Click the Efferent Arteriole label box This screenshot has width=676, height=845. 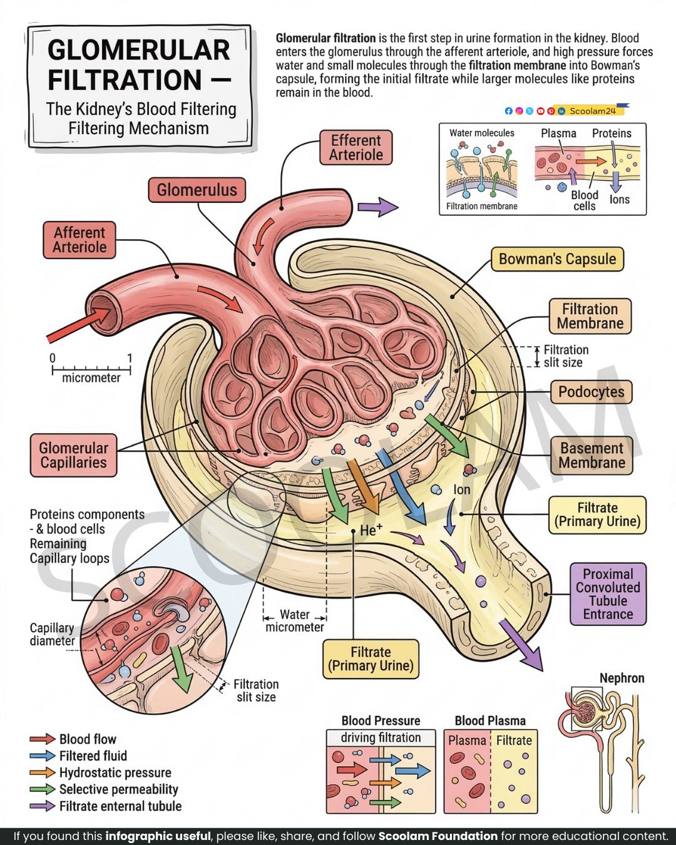point(356,147)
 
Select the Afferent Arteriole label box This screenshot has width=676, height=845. point(79,240)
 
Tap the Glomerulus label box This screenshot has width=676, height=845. point(197,190)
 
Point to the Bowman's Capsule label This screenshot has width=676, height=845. point(557,259)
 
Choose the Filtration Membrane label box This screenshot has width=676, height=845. point(590,316)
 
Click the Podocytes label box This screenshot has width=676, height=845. point(591,392)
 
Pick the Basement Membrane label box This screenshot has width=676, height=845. point(591,456)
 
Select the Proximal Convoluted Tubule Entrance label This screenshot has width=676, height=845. point(608,594)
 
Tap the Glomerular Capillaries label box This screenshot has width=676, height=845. point(73,456)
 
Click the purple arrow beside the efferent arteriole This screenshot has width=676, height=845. point(378,207)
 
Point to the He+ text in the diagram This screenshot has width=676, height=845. point(371,530)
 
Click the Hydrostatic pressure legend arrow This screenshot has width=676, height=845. point(43,772)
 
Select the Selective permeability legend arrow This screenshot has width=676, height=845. point(43,789)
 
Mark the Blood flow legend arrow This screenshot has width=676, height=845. point(43,739)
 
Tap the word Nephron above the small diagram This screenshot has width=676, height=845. point(622,678)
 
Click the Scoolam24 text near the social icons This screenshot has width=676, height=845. point(593,111)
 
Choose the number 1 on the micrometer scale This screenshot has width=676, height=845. point(130,358)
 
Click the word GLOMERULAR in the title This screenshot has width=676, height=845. point(139,50)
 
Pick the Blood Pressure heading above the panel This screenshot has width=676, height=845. point(381,720)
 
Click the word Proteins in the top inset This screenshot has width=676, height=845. point(612,133)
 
